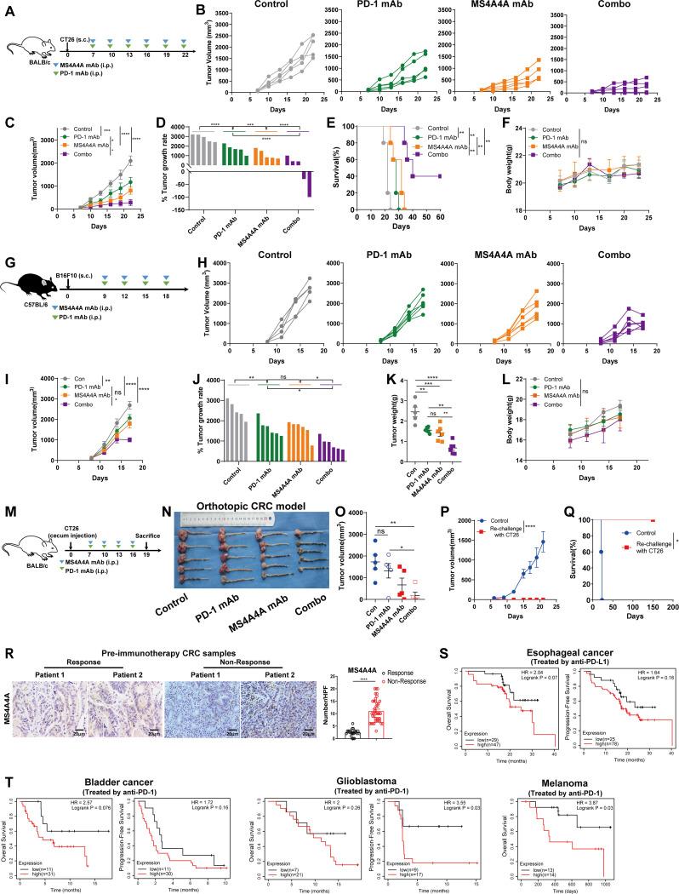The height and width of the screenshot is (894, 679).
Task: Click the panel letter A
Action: [8, 9]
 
